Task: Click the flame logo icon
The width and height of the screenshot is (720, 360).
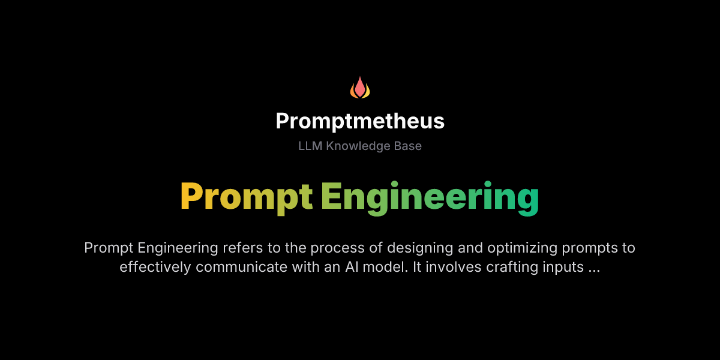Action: click(x=360, y=88)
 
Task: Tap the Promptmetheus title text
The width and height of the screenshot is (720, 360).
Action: click(x=360, y=121)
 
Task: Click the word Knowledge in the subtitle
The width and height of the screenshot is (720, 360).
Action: click(x=355, y=146)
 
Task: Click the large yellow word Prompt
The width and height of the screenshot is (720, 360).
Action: click(x=247, y=197)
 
